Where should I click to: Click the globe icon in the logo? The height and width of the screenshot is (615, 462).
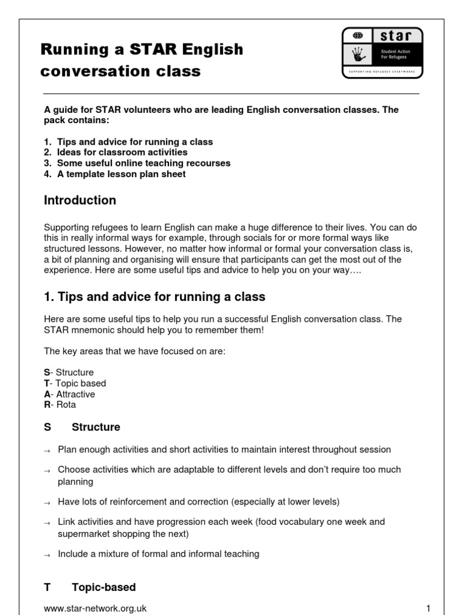click(357, 35)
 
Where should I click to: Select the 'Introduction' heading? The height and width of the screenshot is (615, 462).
click(80, 201)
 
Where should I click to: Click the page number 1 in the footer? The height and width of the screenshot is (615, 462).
click(428, 608)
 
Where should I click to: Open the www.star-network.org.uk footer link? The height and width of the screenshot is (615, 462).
click(95, 608)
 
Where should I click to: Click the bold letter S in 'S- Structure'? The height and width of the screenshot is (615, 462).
click(47, 372)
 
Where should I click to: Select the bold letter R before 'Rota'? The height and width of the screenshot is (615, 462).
click(47, 405)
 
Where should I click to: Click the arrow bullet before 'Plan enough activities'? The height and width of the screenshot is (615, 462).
click(48, 450)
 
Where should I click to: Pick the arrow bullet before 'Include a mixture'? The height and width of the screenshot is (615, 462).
click(48, 555)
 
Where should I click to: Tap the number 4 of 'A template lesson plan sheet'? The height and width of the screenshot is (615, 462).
click(47, 174)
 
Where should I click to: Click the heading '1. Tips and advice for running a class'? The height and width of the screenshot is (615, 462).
click(155, 297)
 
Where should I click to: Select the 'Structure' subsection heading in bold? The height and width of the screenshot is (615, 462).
click(96, 427)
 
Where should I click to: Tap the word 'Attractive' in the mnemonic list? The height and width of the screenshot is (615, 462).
click(75, 394)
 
